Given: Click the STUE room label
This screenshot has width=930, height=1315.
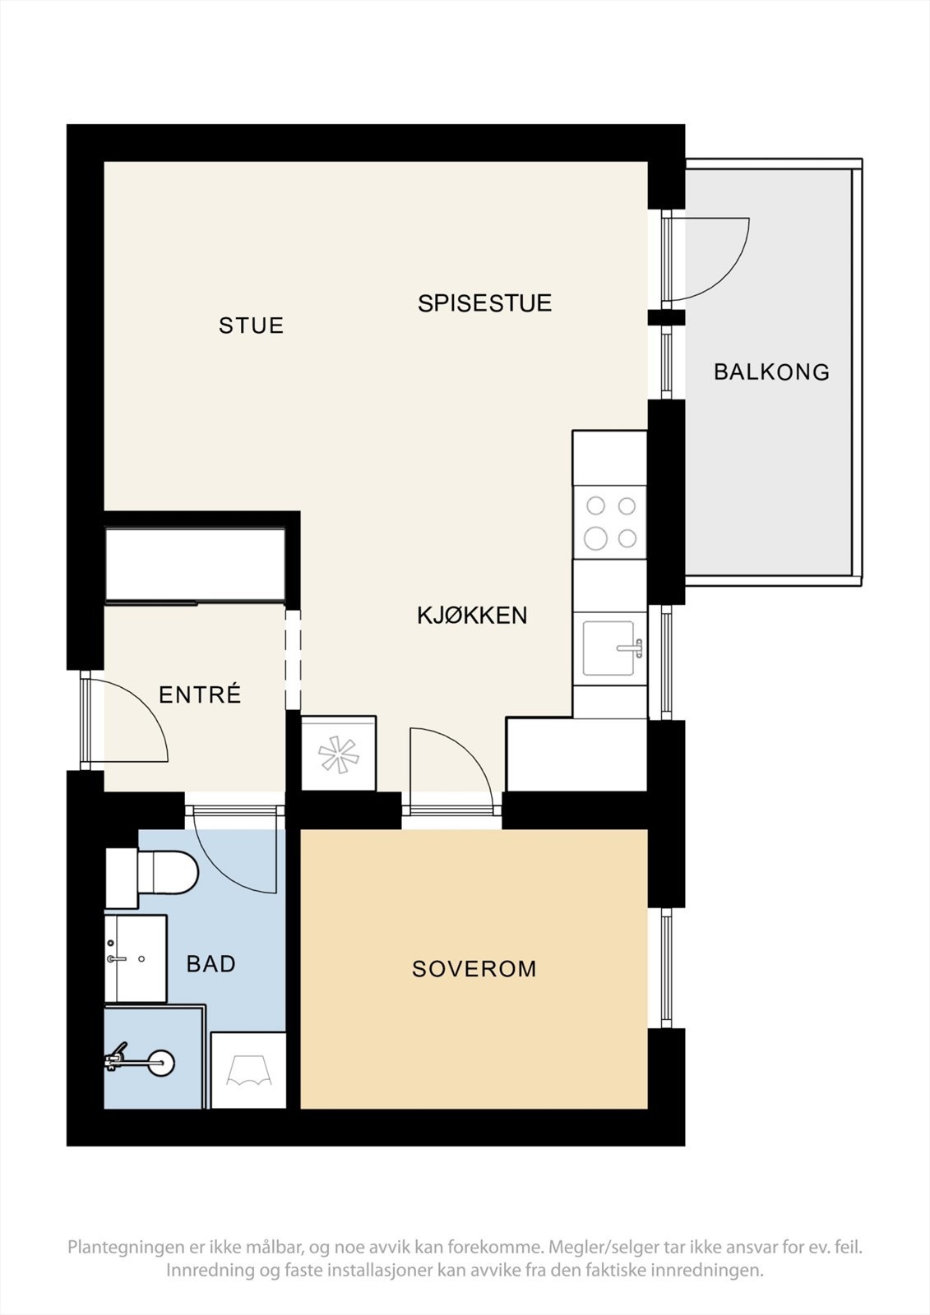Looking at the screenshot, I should pyautogui.click(x=251, y=325).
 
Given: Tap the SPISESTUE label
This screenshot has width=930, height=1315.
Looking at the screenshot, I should pyautogui.click(x=484, y=303).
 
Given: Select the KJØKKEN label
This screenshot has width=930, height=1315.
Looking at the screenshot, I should pyautogui.click(x=472, y=616).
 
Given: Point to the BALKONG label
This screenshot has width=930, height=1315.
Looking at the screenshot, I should pyautogui.click(x=771, y=372).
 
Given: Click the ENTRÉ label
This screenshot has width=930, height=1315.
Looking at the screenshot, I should pyautogui.click(x=200, y=695).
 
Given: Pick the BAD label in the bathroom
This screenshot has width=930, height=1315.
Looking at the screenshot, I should pyautogui.click(x=211, y=963).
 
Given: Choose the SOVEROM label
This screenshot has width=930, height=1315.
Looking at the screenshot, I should pyautogui.click(x=474, y=969).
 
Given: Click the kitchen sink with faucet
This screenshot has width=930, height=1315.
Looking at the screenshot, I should pyautogui.click(x=613, y=648).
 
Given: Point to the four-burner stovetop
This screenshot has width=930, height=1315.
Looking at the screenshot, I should pyautogui.click(x=610, y=522).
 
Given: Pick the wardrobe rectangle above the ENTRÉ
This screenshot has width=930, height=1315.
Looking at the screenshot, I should pyautogui.click(x=195, y=565).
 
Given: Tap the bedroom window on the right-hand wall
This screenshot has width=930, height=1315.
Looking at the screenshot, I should pyautogui.click(x=667, y=968).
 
